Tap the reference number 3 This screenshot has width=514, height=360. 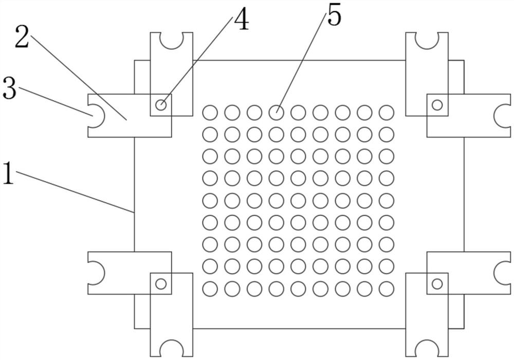coord(9,89)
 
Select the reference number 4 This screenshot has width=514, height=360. coord(241,21)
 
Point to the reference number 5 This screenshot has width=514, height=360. coord(334,16)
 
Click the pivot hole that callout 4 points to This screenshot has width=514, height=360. coord(161,105)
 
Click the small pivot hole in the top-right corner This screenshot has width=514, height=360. coord(437,105)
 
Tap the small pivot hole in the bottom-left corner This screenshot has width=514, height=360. coord(161,283)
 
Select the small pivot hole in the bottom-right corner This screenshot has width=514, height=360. coord(437,283)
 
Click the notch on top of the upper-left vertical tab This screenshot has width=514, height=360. coord(171,39)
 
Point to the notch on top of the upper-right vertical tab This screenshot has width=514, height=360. coord(427,39)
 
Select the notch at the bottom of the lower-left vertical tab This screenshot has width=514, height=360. coord(171,349)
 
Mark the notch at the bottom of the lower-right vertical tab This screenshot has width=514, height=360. coord(427,349)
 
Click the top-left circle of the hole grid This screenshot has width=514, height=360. coord(210,112)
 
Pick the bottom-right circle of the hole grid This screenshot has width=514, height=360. coord(386,289)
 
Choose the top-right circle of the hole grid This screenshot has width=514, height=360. coord(386,112)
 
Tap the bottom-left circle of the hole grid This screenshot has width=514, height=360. coord(210,289)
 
